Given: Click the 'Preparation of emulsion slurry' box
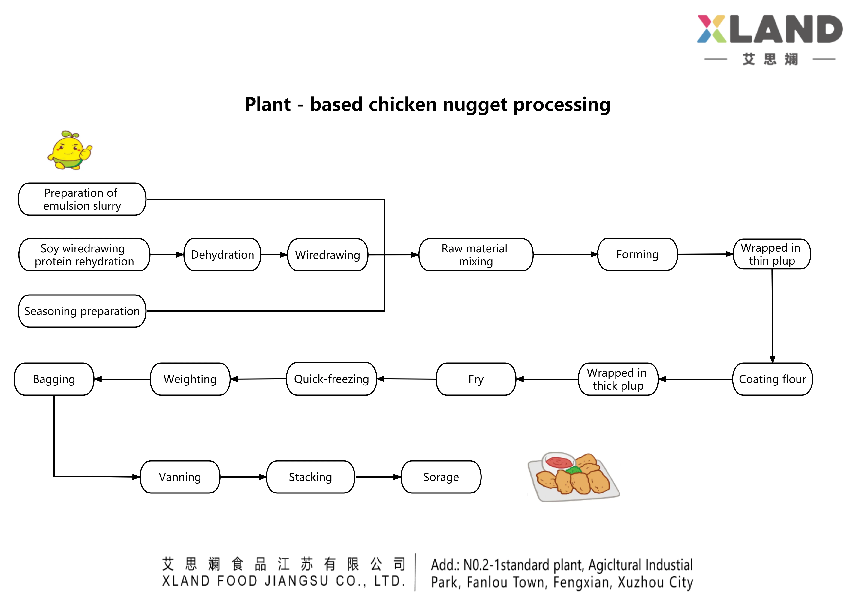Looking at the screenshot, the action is coord(82,199).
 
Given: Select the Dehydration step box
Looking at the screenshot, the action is coord(222,255).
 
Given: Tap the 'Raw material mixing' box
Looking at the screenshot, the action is coord(476,255).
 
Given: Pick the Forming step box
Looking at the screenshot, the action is coord(637,254).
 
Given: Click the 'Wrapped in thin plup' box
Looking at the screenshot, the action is coord(772,254).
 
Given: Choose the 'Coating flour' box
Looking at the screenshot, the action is coord(772,379).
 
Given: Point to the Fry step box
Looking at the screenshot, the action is coord(476,379).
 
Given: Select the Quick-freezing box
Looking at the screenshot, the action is coord(331,379).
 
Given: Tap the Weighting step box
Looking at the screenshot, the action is coord(190,379).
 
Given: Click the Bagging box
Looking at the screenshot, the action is coord(54,379).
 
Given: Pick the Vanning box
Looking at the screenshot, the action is coord(180,477).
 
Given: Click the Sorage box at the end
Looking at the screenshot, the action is coord(441,477).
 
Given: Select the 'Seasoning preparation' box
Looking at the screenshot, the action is coord(82,311).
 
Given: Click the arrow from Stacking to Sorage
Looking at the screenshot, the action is coord(378,477).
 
